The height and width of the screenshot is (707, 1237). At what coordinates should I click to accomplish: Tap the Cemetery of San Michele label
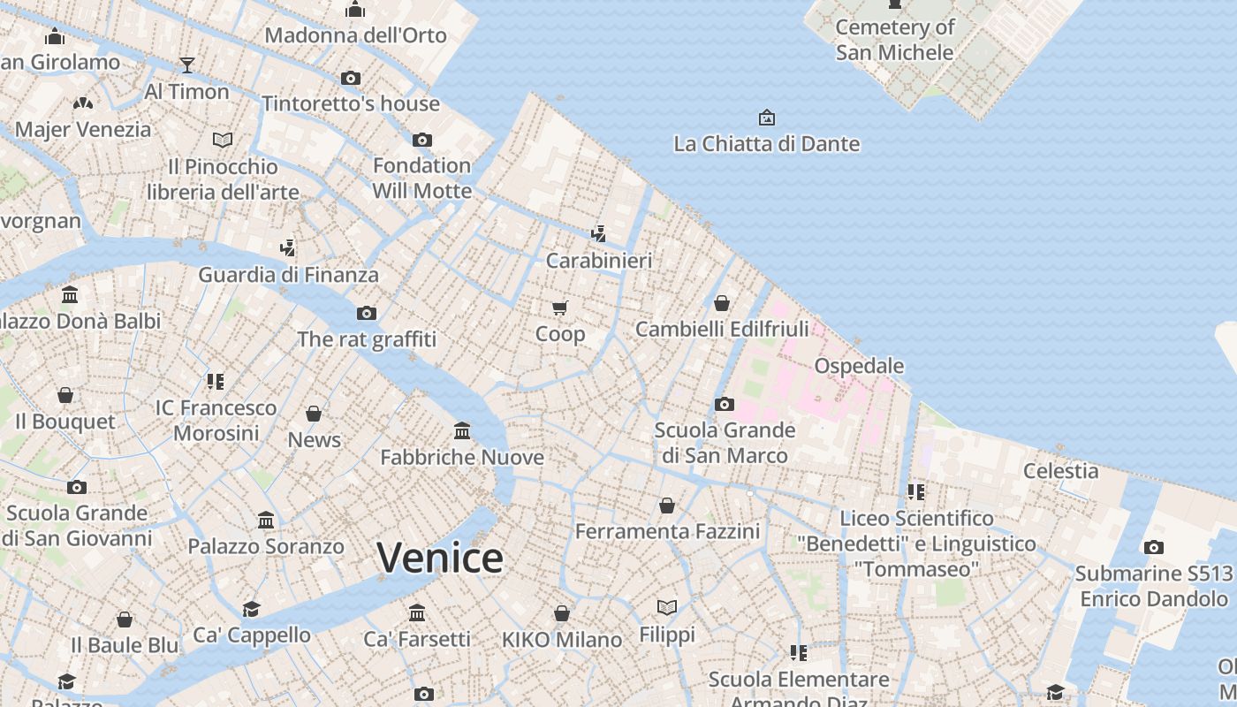[895, 40]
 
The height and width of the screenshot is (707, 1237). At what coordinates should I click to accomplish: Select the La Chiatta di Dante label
[766, 143]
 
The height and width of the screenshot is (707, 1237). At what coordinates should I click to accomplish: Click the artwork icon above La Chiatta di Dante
[766, 117]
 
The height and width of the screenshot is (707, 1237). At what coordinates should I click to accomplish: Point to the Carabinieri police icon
[599, 233]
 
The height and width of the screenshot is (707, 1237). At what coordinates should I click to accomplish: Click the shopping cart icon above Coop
[559, 308]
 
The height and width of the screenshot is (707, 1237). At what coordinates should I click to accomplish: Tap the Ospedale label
[859, 366]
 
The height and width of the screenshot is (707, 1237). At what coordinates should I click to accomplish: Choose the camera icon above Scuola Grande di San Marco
[725, 404]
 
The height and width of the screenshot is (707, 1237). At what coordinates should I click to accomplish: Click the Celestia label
[1060, 471]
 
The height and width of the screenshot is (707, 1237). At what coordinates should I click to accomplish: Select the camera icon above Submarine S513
[1153, 547]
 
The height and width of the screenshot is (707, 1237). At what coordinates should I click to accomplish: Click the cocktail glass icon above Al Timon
[186, 65]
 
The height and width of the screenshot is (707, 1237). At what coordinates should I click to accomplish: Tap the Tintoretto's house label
[351, 103]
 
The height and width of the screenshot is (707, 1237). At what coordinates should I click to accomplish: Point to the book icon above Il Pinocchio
[223, 140]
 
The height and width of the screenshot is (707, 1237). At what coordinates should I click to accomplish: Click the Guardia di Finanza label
[288, 274]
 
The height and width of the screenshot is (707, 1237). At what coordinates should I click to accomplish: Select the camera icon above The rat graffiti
[367, 313]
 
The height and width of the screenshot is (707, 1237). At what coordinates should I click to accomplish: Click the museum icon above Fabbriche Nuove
[462, 430]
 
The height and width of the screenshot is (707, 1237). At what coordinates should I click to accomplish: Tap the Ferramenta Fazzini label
[667, 531]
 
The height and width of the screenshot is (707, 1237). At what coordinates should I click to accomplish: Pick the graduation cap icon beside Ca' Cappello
[252, 609]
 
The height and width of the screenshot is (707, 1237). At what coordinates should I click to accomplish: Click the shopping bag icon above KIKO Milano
[562, 613]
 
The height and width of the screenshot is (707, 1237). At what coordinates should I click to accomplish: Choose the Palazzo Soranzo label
[266, 546]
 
